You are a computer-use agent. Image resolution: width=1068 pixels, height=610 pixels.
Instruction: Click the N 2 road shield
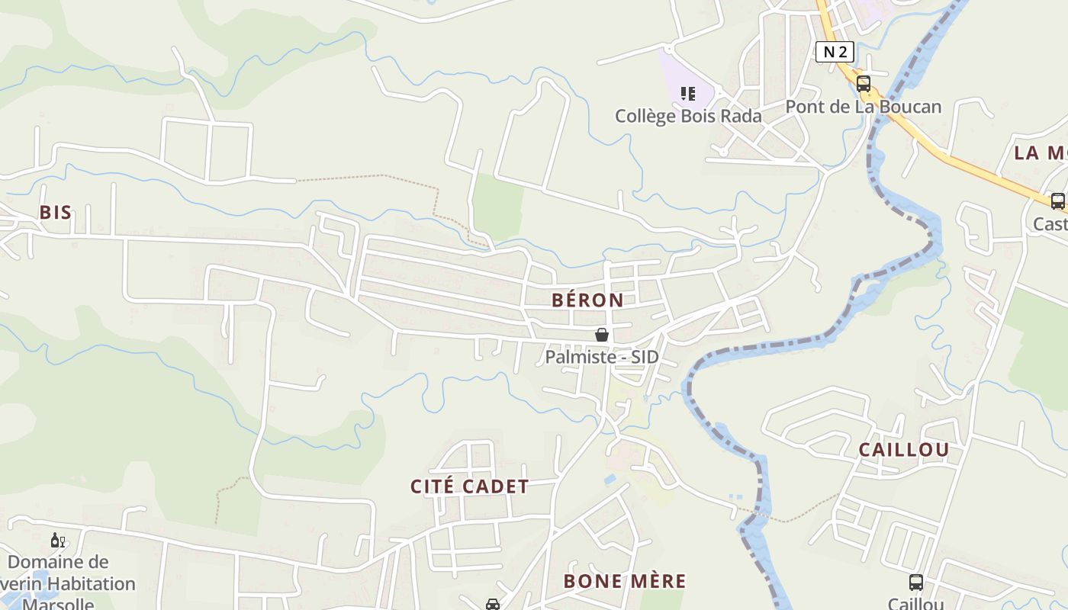pos(835,51)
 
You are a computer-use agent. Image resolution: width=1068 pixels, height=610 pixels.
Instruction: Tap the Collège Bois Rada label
pos(688,116)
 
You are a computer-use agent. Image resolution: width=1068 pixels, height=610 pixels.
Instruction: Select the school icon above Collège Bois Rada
pos(688,94)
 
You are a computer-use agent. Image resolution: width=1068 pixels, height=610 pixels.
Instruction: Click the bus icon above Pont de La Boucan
pos(864,84)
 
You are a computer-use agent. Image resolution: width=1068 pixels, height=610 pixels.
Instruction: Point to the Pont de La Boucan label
pos(864,107)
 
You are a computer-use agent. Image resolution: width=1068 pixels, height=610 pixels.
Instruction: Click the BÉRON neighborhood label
pos(587,300)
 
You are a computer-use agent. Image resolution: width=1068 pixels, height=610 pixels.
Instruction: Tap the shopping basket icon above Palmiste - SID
pos(602,335)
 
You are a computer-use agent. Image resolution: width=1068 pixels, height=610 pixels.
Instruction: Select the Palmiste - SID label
pos(602,357)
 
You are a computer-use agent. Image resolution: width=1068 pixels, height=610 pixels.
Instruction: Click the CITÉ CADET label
pos(470,486)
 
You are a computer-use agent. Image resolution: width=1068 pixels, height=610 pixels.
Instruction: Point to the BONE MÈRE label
pos(625,581)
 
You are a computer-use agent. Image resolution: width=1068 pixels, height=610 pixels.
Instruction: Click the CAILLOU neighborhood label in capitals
pos(904,450)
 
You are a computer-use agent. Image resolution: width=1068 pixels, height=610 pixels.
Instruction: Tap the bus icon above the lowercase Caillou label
pos(916,583)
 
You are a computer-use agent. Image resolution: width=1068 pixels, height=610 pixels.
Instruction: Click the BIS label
pos(56,213)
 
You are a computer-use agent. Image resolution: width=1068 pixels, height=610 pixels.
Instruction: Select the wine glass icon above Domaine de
pos(58,541)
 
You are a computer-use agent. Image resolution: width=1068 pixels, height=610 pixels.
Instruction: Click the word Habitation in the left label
pos(91,584)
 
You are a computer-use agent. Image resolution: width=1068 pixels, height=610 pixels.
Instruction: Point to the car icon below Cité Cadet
pos(493,605)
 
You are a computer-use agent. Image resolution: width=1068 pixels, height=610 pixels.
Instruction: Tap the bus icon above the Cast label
pos(1058,201)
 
